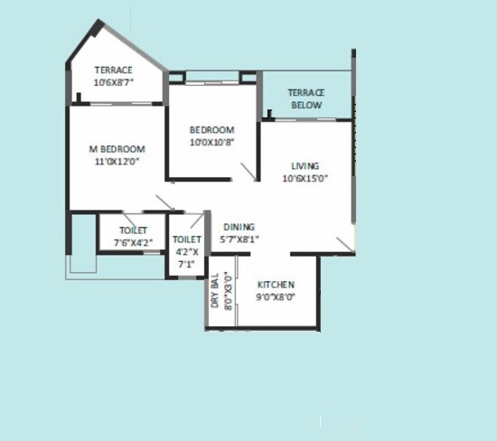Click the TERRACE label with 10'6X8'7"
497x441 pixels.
pyautogui.click(x=114, y=70)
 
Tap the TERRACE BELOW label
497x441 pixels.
pyautogui.click(x=305, y=99)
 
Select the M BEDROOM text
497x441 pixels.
pyautogui.click(x=117, y=148)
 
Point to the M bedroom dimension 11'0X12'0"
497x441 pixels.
pyautogui.click(x=117, y=161)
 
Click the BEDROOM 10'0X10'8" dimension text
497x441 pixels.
pyautogui.click(x=212, y=142)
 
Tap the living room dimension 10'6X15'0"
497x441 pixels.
pyautogui.click(x=305, y=178)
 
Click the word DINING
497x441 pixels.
pyautogui.click(x=239, y=227)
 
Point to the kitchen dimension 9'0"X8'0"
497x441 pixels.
pyautogui.click(x=276, y=296)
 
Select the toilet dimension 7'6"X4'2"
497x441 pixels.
pyautogui.click(x=132, y=242)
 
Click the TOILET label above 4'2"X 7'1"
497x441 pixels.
pyautogui.click(x=187, y=239)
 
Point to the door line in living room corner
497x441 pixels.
pyautogui.click(x=344, y=245)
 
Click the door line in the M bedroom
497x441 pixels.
pyautogui.click(x=164, y=202)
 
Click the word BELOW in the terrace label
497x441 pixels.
pyautogui.click(x=305, y=105)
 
